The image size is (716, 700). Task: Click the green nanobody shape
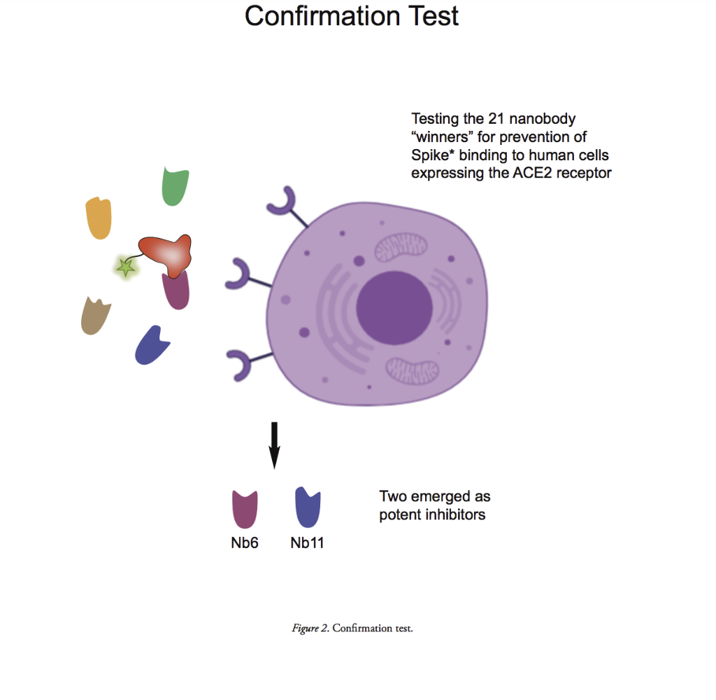(x=175, y=187)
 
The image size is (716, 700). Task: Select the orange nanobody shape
(x=99, y=218)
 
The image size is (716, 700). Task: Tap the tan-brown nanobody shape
(x=95, y=316)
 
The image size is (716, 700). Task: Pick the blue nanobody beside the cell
(x=151, y=345)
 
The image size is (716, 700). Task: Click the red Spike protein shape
(x=166, y=253)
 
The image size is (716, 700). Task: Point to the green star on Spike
(x=126, y=267)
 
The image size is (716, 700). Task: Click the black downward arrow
(x=275, y=444)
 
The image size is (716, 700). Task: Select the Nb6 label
(x=245, y=542)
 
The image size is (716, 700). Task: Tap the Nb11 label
(x=307, y=542)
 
